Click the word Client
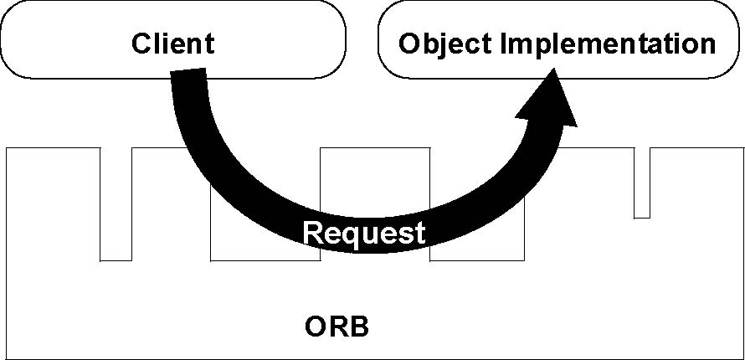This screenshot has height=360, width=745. tap(173, 44)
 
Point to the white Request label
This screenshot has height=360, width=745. tap(364, 234)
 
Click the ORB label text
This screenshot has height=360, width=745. tap(337, 327)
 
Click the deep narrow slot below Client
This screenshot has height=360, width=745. tap(116, 204)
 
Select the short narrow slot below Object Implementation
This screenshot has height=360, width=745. tap(642, 183)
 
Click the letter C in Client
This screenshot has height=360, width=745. tap(141, 44)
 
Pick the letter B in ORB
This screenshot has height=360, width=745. tap(359, 327)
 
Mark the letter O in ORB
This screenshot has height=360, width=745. tap(315, 327)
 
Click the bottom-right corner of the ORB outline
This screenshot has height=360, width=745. tap(744, 359)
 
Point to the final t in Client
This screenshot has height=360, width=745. tap(210, 44)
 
